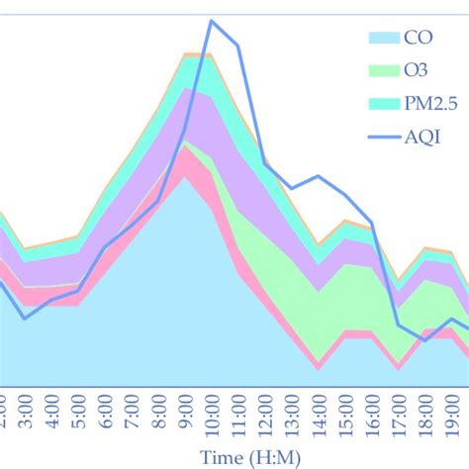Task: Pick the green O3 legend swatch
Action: pyautogui.click(x=381, y=70)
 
